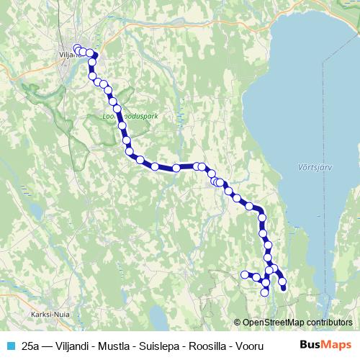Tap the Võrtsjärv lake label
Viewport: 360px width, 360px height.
click(x=312, y=167)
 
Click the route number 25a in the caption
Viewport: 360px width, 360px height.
click(x=32, y=346)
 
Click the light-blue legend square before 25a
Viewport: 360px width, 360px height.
click(x=10, y=346)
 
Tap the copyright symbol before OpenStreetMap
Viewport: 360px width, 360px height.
click(x=238, y=322)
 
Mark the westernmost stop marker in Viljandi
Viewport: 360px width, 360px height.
click(x=77, y=49)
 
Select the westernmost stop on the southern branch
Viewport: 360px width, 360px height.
click(x=244, y=274)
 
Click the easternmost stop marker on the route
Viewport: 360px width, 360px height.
click(x=282, y=281)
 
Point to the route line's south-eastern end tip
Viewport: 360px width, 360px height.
click(x=283, y=289)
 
